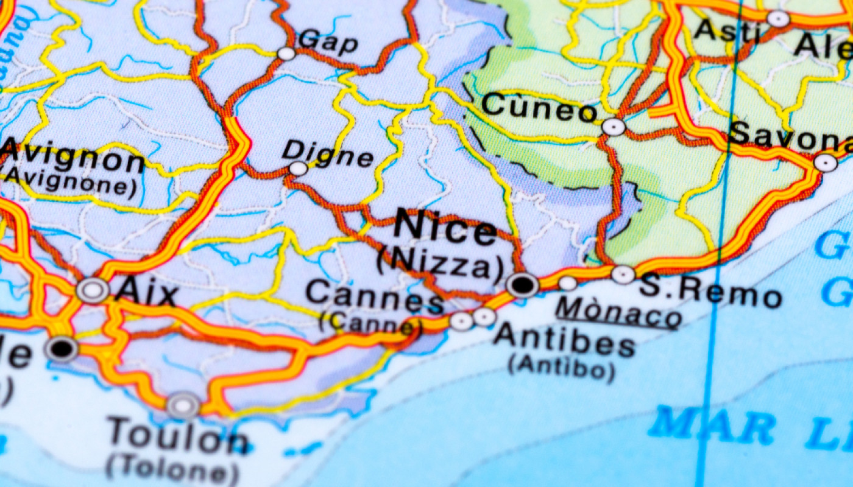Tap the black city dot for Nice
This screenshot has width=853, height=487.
pyautogui.click(x=523, y=285)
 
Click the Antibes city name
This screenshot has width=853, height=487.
pyautogui.click(x=564, y=343)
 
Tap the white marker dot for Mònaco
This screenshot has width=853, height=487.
pyautogui.click(x=567, y=283)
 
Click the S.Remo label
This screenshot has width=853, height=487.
pyautogui.click(x=710, y=293)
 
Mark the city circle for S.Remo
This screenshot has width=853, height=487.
pyautogui.click(x=623, y=275)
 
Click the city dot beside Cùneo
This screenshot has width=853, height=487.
pyautogui.click(x=613, y=127)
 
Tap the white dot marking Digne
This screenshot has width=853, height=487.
pyautogui.click(x=298, y=169)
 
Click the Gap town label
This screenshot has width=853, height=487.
pyautogui.click(x=328, y=41)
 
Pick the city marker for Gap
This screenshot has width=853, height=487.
pyautogui.click(x=286, y=54)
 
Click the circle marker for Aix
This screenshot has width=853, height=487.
pyautogui.click(x=93, y=290)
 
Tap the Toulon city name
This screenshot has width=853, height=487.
pyautogui.click(x=178, y=436)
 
